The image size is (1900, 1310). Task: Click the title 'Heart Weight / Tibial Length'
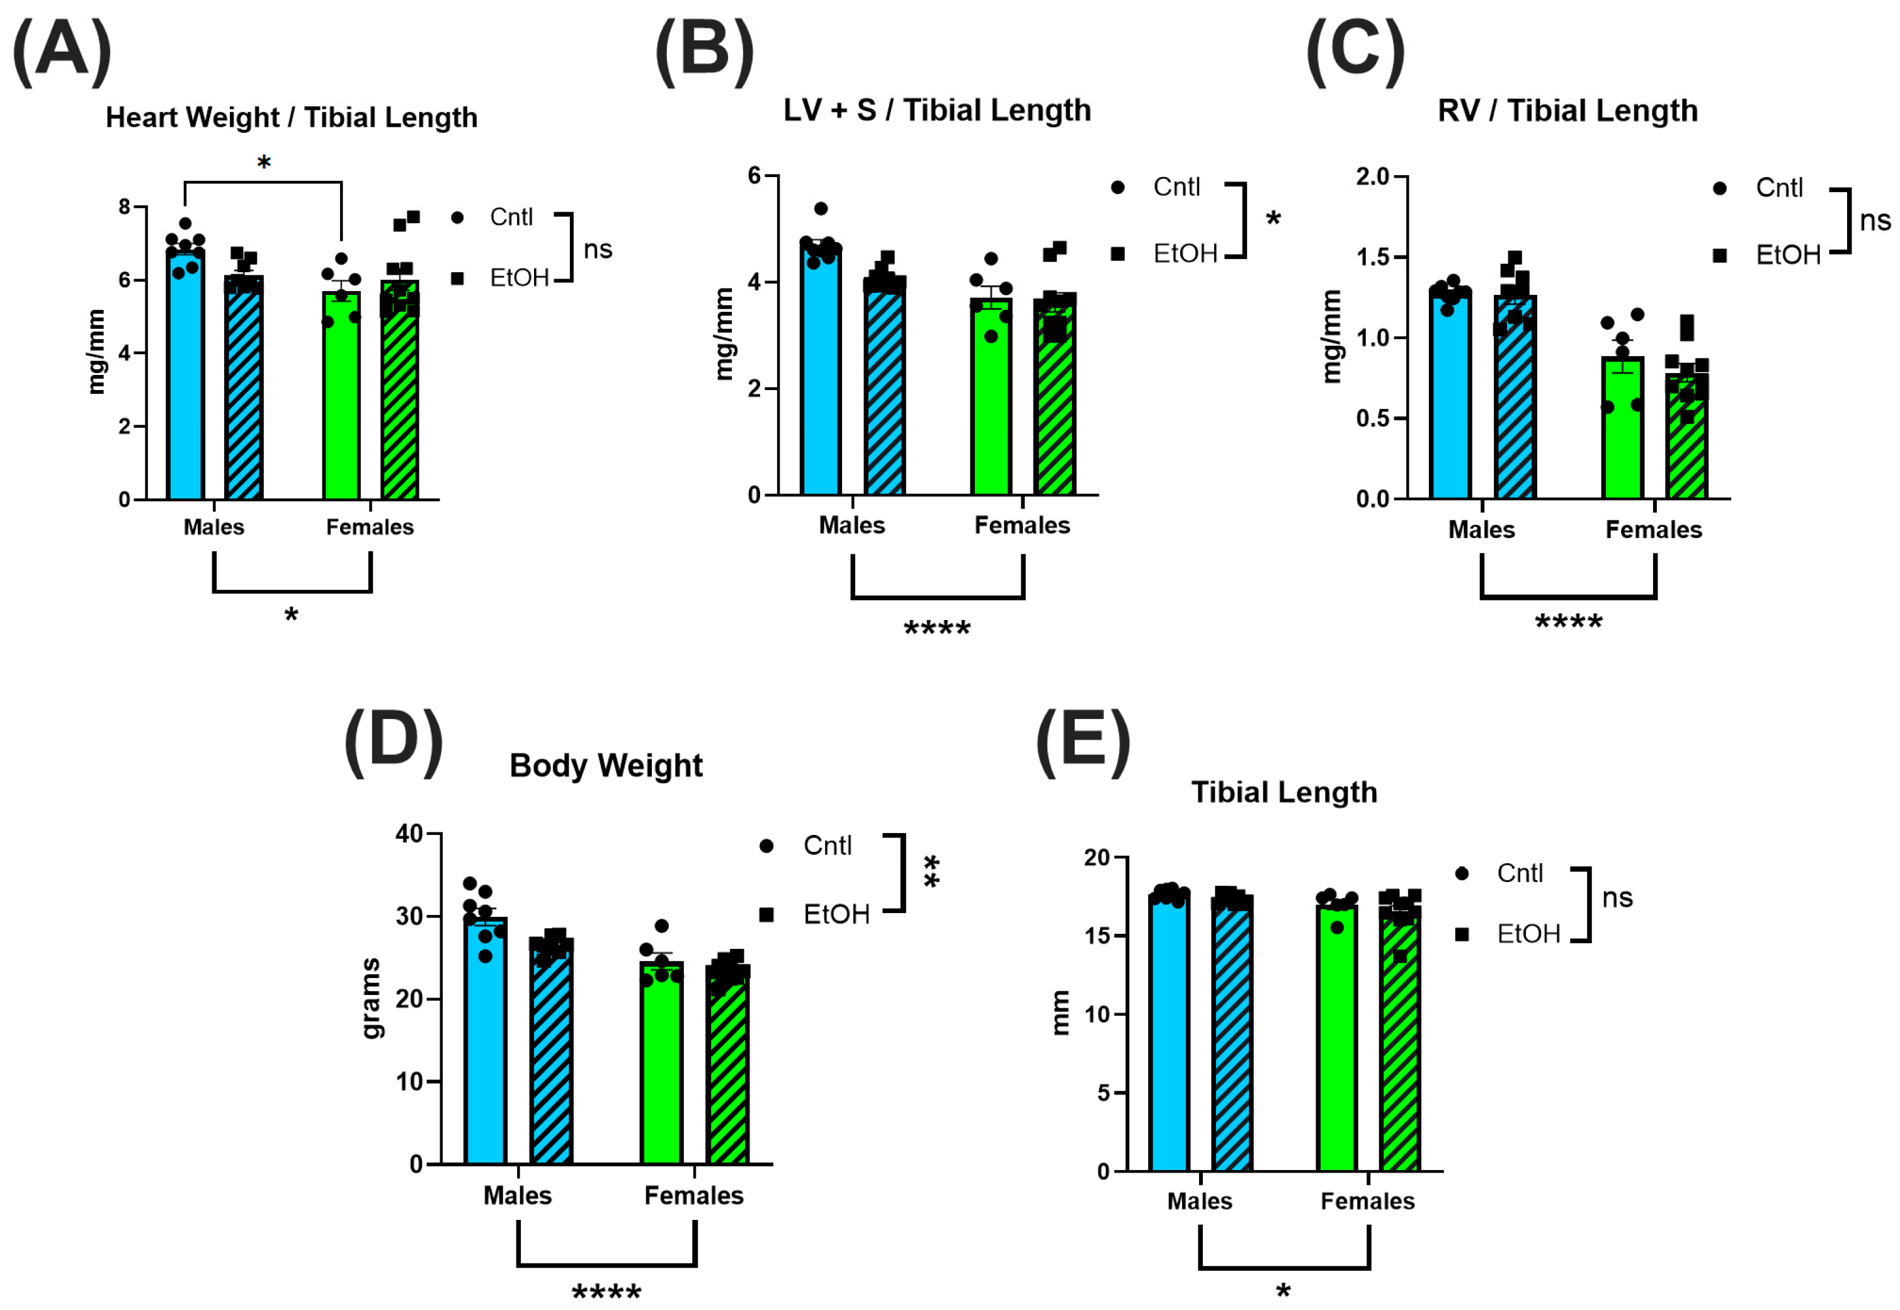click(291, 117)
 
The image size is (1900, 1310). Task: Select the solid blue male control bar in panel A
click(185, 386)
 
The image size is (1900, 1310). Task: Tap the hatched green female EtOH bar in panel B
click(1055, 402)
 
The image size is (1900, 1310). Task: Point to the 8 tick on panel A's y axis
click(125, 207)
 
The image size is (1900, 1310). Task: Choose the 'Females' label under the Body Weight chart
click(693, 1195)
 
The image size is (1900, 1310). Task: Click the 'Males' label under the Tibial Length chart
click(1200, 1201)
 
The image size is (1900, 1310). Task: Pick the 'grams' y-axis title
click(371, 998)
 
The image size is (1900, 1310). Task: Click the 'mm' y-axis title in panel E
click(1060, 1013)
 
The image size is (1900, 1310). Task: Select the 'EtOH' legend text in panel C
click(1788, 255)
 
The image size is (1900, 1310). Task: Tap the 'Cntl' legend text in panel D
click(827, 846)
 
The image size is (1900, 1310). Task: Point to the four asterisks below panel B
click(937, 629)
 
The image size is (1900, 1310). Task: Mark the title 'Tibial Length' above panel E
click(1284, 792)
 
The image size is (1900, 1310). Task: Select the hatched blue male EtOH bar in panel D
click(551, 1055)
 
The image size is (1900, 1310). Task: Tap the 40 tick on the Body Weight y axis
click(409, 834)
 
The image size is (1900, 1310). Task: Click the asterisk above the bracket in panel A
click(263, 163)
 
